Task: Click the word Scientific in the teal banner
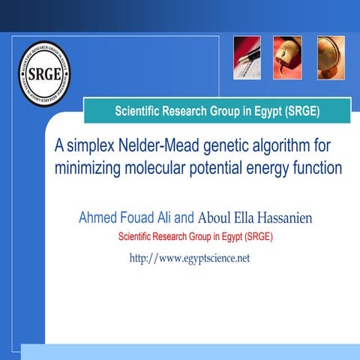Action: (142, 112)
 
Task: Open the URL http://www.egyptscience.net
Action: (190, 258)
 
